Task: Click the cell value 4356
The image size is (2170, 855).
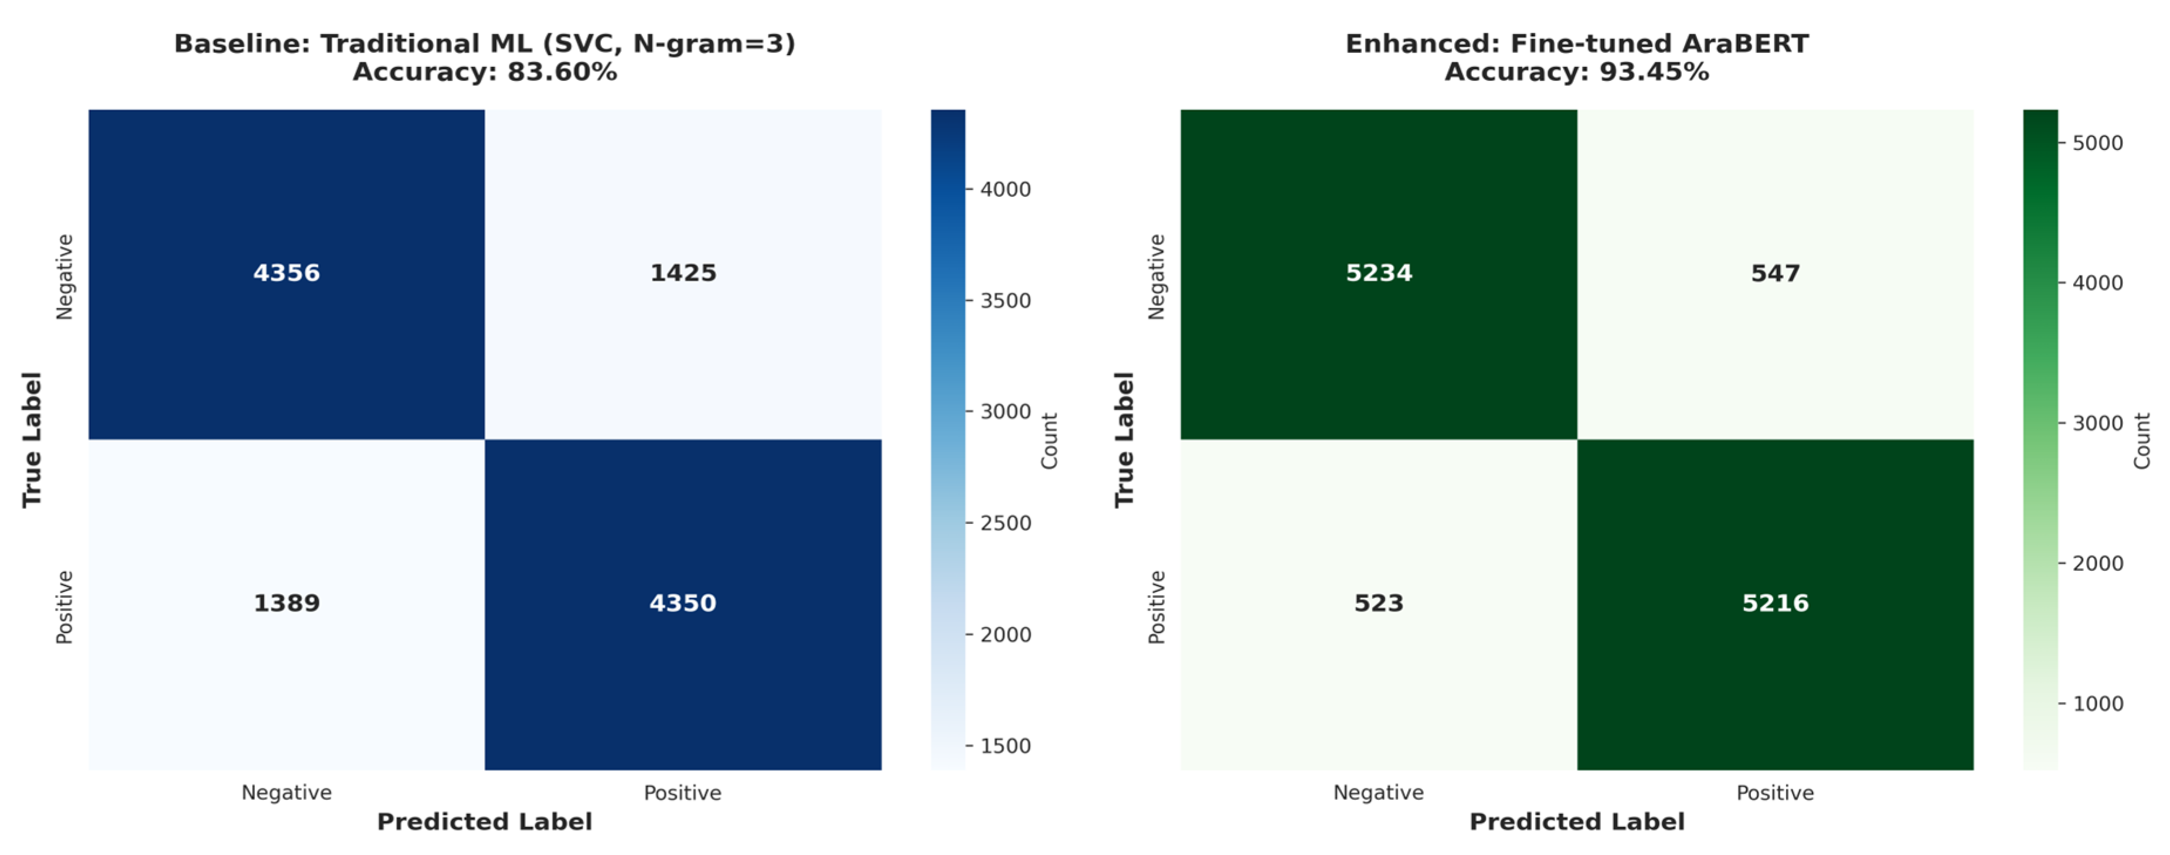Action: coord(287,273)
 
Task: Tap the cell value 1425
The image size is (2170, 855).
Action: coord(683,273)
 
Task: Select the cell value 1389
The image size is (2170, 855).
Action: coord(287,603)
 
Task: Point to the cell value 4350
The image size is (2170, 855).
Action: coord(683,603)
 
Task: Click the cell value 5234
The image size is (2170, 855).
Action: coord(1378,273)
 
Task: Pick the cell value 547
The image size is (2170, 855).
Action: coord(1775,273)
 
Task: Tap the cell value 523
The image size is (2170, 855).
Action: coord(1378,603)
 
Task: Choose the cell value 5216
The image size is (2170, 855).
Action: coord(1775,603)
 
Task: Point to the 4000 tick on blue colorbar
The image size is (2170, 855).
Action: coord(1005,189)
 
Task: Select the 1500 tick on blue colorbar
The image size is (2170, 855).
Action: coord(1005,745)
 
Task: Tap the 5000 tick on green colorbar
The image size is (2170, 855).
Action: coord(2097,143)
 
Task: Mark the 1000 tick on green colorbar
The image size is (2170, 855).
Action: coord(2097,703)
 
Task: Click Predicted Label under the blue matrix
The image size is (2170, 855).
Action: coord(484,822)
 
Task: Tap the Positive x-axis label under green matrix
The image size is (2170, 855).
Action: coord(1775,793)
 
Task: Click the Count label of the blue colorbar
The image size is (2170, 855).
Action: coord(1049,441)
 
